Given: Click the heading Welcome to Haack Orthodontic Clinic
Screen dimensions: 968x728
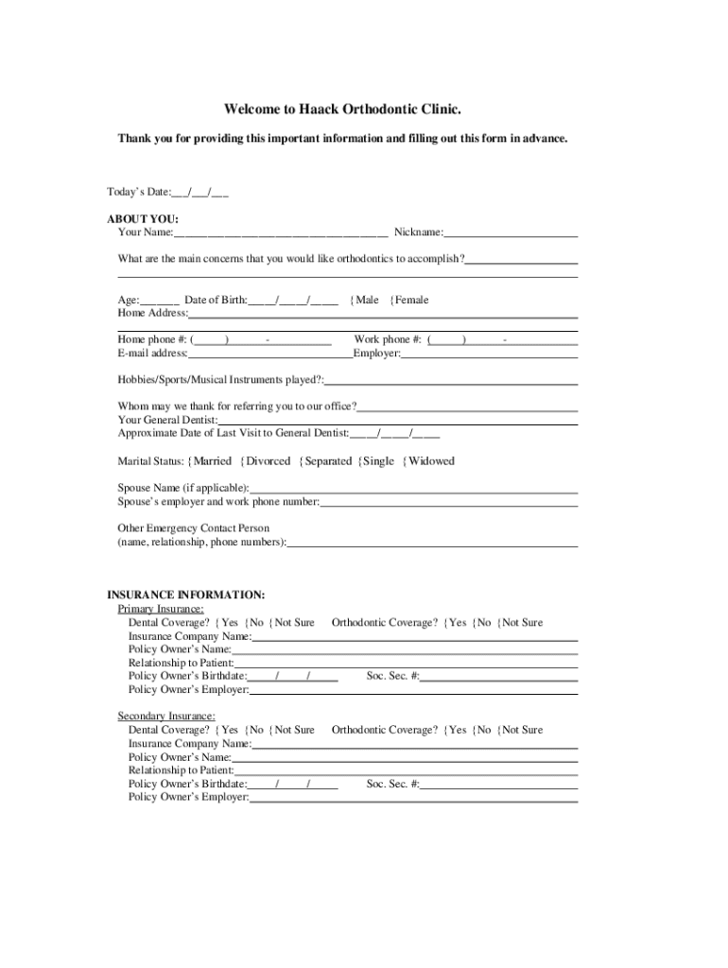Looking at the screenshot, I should coord(343,110).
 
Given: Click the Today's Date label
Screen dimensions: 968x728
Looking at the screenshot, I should coord(139,192).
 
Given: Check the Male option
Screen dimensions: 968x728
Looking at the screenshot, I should coord(366,300).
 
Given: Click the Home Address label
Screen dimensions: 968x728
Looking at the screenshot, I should coord(152,312).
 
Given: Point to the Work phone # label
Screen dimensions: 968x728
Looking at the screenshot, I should coord(388,339).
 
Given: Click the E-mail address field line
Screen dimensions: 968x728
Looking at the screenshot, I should coord(270,354).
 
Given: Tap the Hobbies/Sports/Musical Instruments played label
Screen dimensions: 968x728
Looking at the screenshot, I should coord(220,380).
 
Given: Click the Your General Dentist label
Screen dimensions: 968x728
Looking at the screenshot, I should coord(167,420).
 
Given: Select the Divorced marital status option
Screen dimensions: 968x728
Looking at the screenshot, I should coord(268,461).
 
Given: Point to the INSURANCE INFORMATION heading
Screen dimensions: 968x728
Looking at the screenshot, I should coord(185,596).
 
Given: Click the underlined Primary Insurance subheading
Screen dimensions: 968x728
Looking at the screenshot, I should coord(160,610).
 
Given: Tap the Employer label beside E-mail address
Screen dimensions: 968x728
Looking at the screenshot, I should coord(376,354).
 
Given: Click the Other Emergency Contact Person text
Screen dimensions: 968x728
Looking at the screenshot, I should coord(193,528).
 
